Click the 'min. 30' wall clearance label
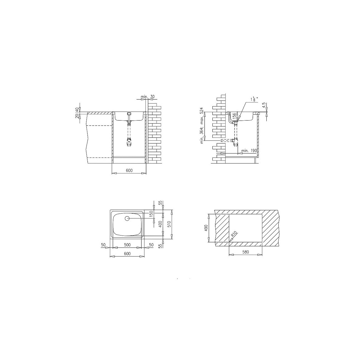click(x=148, y=97)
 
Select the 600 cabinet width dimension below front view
click(x=129, y=170)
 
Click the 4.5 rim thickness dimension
click(x=264, y=105)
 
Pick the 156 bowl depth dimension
click(x=235, y=116)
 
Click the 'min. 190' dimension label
click(x=249, y=151)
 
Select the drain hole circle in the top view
click(x=127, y=218)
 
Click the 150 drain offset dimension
click(x=151, y=214)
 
